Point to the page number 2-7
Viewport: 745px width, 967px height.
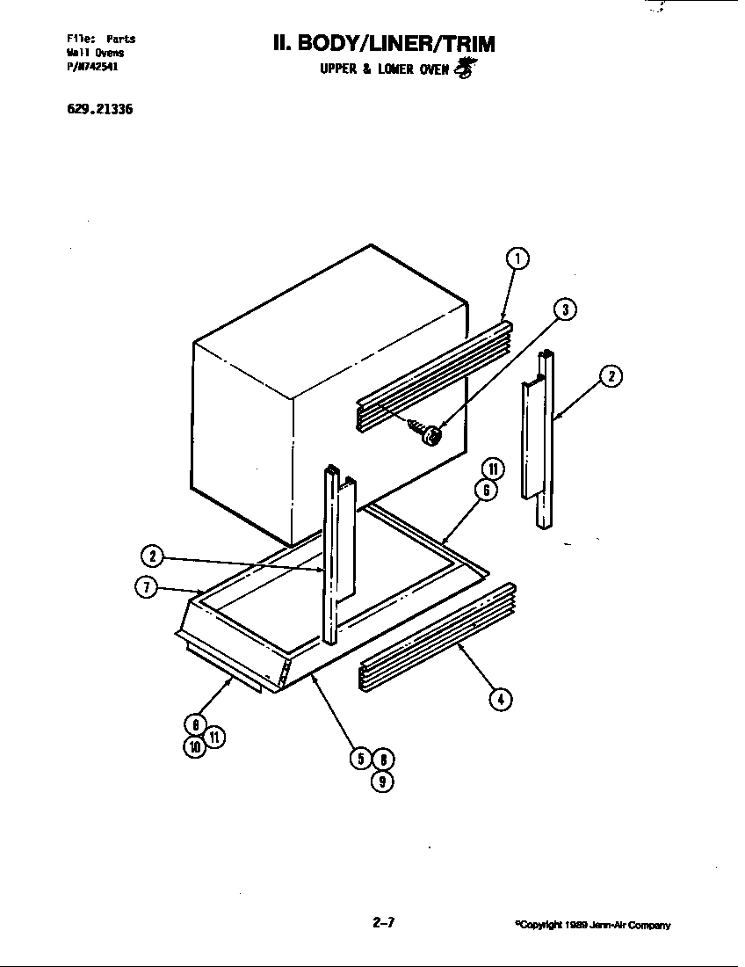(x=384, y=922)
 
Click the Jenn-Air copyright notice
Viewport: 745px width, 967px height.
(x=593, y=925)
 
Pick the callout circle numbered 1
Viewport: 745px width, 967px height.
(x=518, y=258)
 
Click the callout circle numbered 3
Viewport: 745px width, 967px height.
(x=565, y=309)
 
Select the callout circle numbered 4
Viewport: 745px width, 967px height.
(x=501, y=700)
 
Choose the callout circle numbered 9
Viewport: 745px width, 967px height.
(x=381, y=781)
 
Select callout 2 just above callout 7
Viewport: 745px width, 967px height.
(x=152, y=556)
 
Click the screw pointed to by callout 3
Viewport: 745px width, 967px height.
(x=430, y=433)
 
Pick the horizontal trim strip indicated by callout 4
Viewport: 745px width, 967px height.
(x=436, y=635)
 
